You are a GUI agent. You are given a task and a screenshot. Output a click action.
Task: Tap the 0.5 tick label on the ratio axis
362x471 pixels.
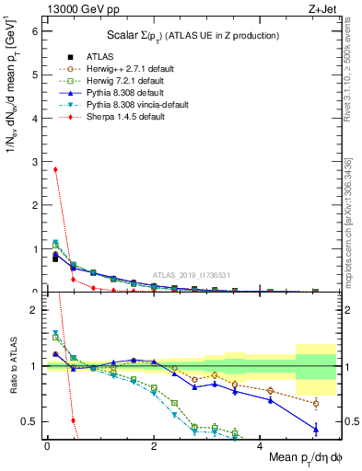point(31,421)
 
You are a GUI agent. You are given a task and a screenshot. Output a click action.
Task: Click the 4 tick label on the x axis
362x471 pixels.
point(260,445)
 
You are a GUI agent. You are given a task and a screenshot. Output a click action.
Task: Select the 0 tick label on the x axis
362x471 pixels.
point(47,445)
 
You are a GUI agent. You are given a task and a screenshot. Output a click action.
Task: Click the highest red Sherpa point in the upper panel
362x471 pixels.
point(55,169)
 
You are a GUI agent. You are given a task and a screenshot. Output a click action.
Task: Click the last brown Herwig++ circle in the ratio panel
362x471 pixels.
point(316,403)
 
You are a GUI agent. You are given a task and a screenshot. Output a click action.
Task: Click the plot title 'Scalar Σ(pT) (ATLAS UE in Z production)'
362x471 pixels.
point(194,36)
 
